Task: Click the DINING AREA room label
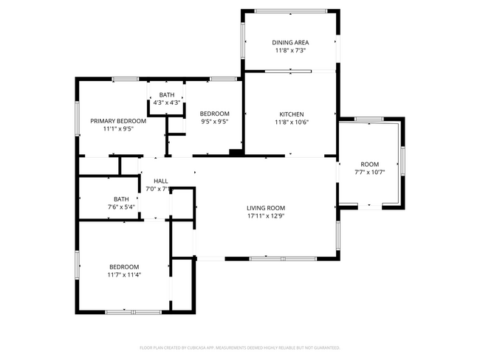coord(291,43)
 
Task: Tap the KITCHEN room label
coord(291,114)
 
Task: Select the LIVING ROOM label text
coord(266,208)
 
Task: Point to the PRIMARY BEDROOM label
coord(118,120)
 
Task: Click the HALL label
coord(160,181)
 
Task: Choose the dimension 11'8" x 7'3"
coord(291,51)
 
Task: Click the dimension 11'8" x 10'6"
coord(291,122)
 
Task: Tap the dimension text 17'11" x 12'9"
coord(266,216)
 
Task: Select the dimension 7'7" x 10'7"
coord(369,172)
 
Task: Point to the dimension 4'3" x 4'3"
coord(167,103)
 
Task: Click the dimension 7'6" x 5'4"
coord(121,207)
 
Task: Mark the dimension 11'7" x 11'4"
coord(124,275)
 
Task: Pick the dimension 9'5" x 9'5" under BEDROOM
coord(214,122)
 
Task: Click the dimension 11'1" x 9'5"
coord(118,128)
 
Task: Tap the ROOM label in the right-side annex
coord(369,164)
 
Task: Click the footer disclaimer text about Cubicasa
coord(240,347)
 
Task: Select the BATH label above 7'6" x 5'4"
coord(121,199)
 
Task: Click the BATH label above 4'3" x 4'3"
coord(167,94)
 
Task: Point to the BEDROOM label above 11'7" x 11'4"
coord(124,267)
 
